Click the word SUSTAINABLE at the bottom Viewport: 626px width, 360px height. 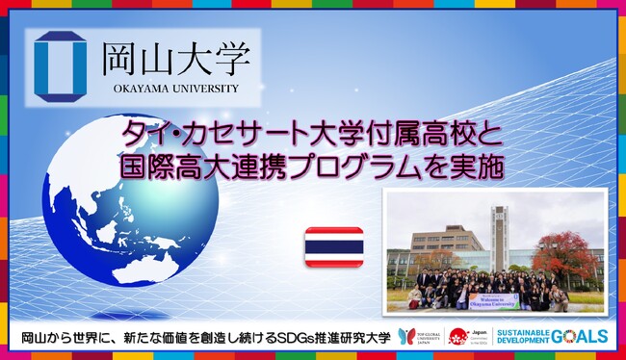(523, 331)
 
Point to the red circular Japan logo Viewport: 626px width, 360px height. (458, 336)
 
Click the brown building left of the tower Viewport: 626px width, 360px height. (447, 242)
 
